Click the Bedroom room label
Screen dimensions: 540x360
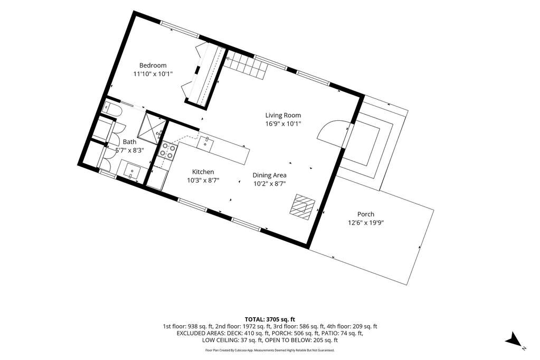point(153,65)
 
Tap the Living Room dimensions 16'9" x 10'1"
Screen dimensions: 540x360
point(283,124)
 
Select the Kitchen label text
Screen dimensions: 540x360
point(203,172)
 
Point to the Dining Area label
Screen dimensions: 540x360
point(269,175)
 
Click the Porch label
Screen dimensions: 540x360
point(366,214)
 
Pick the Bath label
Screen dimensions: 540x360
point(129,141)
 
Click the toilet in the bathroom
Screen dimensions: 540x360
point(111,109)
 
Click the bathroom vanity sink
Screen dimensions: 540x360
point(130,171)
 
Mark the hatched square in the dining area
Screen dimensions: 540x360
point(302,206)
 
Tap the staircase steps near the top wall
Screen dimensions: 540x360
point(246,66)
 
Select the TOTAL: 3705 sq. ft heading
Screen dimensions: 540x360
point(270,319)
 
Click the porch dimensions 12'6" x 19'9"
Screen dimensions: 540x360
point(366,223)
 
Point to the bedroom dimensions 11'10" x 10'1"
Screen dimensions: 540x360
point(153,74)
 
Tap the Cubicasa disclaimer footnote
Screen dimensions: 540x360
point(270,350)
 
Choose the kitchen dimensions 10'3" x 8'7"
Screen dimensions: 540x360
point(203,180)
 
